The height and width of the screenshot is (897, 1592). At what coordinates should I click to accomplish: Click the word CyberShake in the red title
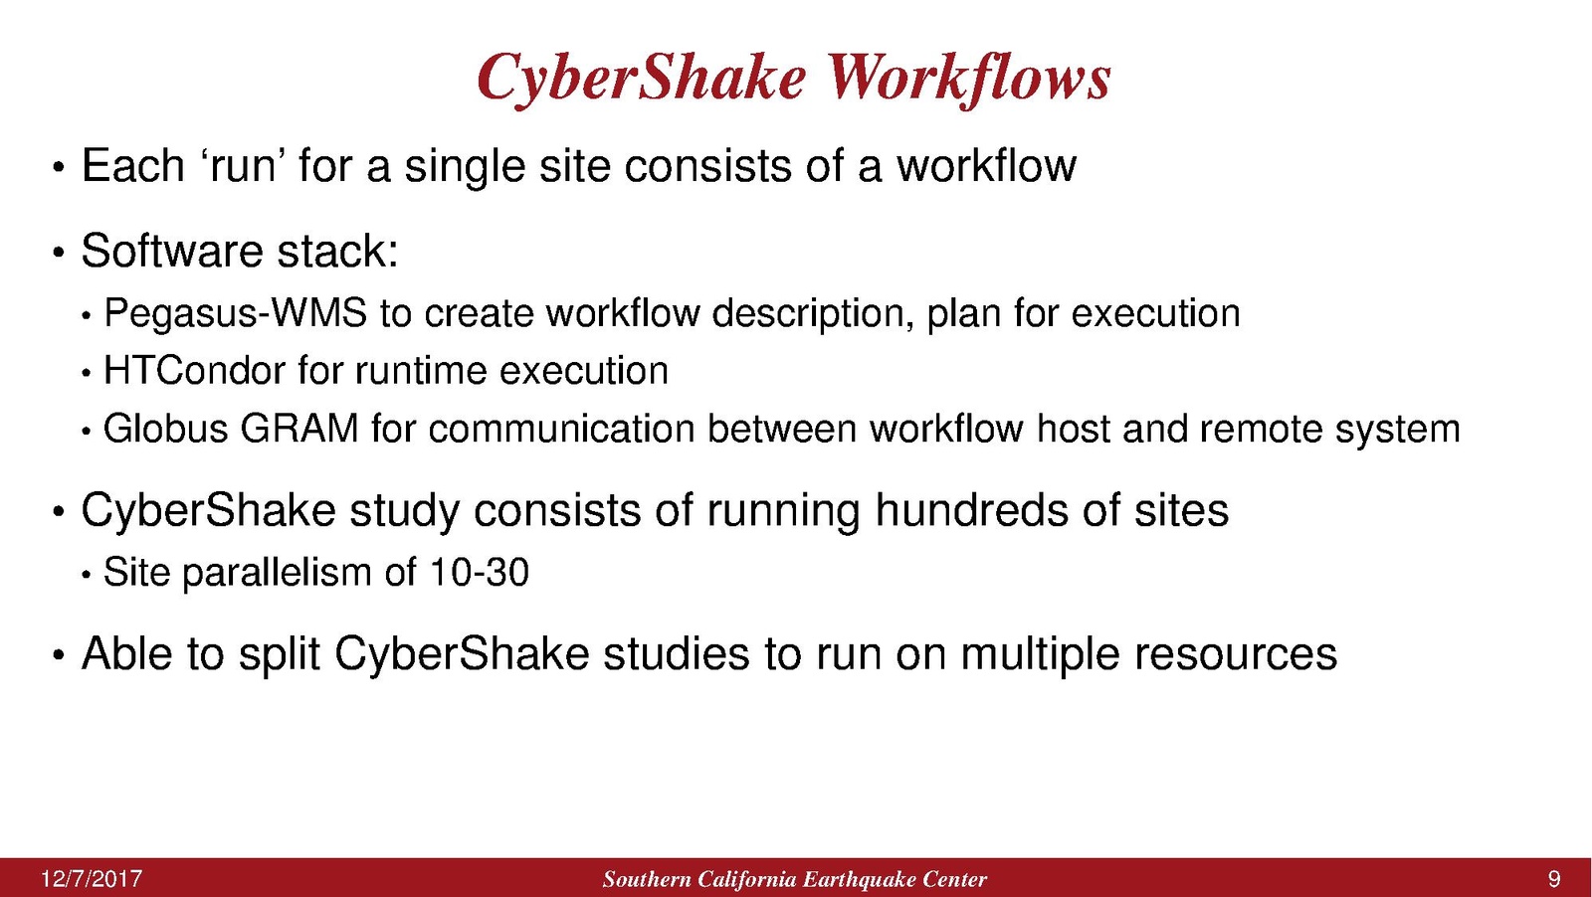point(642,80)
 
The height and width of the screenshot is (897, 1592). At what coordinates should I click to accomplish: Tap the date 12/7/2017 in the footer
point(92,879)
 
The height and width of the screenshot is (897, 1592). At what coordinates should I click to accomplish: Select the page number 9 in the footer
point(1554,879)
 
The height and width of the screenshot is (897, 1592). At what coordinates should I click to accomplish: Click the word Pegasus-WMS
point(235,314)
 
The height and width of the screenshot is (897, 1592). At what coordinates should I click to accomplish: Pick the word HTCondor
point(194,371)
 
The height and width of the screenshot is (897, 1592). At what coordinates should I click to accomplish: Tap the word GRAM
point(299,429)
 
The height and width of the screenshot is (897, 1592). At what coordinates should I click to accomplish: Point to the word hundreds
point(971,510)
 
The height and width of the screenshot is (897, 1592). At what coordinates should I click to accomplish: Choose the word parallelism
point(278,574)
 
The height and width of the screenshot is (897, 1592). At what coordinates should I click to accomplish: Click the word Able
point(126,652)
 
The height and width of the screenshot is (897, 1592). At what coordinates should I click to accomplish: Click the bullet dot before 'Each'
point(59,169)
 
